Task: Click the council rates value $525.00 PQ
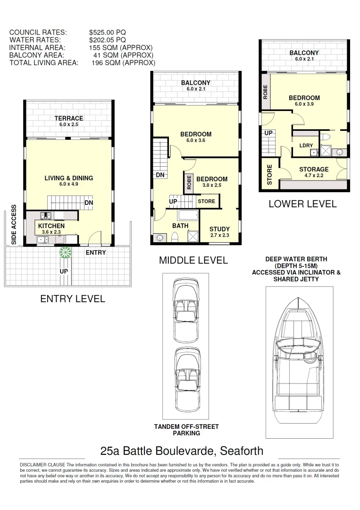click(107, 33)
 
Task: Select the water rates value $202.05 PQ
click(107, 40)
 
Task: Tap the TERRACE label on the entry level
click(68, 118)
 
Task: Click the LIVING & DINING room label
click(68, 178)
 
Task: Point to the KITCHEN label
click(51, 226)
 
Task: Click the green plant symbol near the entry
click(65, 252)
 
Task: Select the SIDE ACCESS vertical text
click(13, 224)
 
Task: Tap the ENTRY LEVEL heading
click(72, 299)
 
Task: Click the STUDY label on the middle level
click(219, 229)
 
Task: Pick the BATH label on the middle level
click(180, 226)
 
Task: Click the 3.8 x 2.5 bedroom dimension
click(211, 185)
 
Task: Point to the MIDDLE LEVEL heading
click(193, 260)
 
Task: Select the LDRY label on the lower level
click(306, 145)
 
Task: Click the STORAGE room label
click(314, 169)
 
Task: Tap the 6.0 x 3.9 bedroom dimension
click(304, 104)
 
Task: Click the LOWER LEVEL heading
click(302, 204)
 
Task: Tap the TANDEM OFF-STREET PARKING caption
click(186, 430)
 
